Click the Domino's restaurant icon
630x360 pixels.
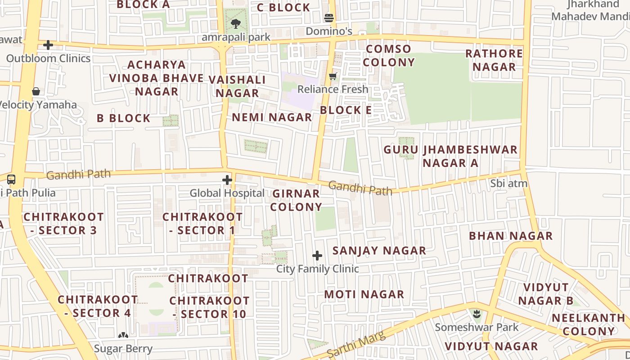click(x=329, y=18)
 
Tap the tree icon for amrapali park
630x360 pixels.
click(x=235, y=23)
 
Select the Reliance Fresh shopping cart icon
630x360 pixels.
click(x=333, y=76)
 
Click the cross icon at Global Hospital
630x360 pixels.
click(x=227, y=180)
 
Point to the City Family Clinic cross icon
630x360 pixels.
click(x=317, y=256)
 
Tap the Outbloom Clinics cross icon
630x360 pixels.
click(x=48, y=45)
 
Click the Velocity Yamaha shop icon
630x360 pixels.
click(x=36, y=91)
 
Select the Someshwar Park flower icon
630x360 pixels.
click(x=476, y=314)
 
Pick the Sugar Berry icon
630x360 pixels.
click(x=123, y=335)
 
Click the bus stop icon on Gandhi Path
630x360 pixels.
click(x=11, y=180)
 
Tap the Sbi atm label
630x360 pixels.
click(x=508, y=183)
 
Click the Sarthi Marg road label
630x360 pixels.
click(x=356, y=345)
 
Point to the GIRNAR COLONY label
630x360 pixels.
click(x=296, y=200)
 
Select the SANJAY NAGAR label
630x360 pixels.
click(x=379, y=251)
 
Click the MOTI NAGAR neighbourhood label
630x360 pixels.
click(x=364, y=294)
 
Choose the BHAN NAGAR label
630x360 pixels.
click(x=510, y=236)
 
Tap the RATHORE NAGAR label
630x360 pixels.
click(x=494, y=60)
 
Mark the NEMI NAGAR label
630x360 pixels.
click(x=272, y=117)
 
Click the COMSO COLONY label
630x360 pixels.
click(x=389, y=55)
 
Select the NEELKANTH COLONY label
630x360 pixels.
click(x=588, y=324)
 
